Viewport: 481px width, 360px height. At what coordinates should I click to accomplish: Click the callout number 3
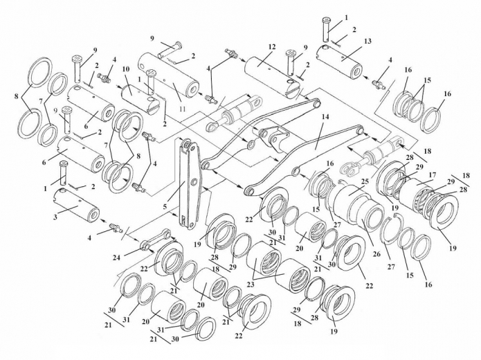55,217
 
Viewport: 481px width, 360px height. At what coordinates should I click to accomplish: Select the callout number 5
165,206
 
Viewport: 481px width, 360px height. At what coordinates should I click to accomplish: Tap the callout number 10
126,68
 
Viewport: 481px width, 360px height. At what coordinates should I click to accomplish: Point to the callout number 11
183,108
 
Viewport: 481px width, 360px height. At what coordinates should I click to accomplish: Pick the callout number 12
272,47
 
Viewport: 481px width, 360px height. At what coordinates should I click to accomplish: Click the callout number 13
367,41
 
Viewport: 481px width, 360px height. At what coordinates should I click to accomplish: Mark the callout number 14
325,117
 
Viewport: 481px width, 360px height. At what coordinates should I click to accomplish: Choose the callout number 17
433,175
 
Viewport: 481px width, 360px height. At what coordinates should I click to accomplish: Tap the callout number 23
251,285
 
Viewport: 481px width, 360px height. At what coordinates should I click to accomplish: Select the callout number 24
116,258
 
